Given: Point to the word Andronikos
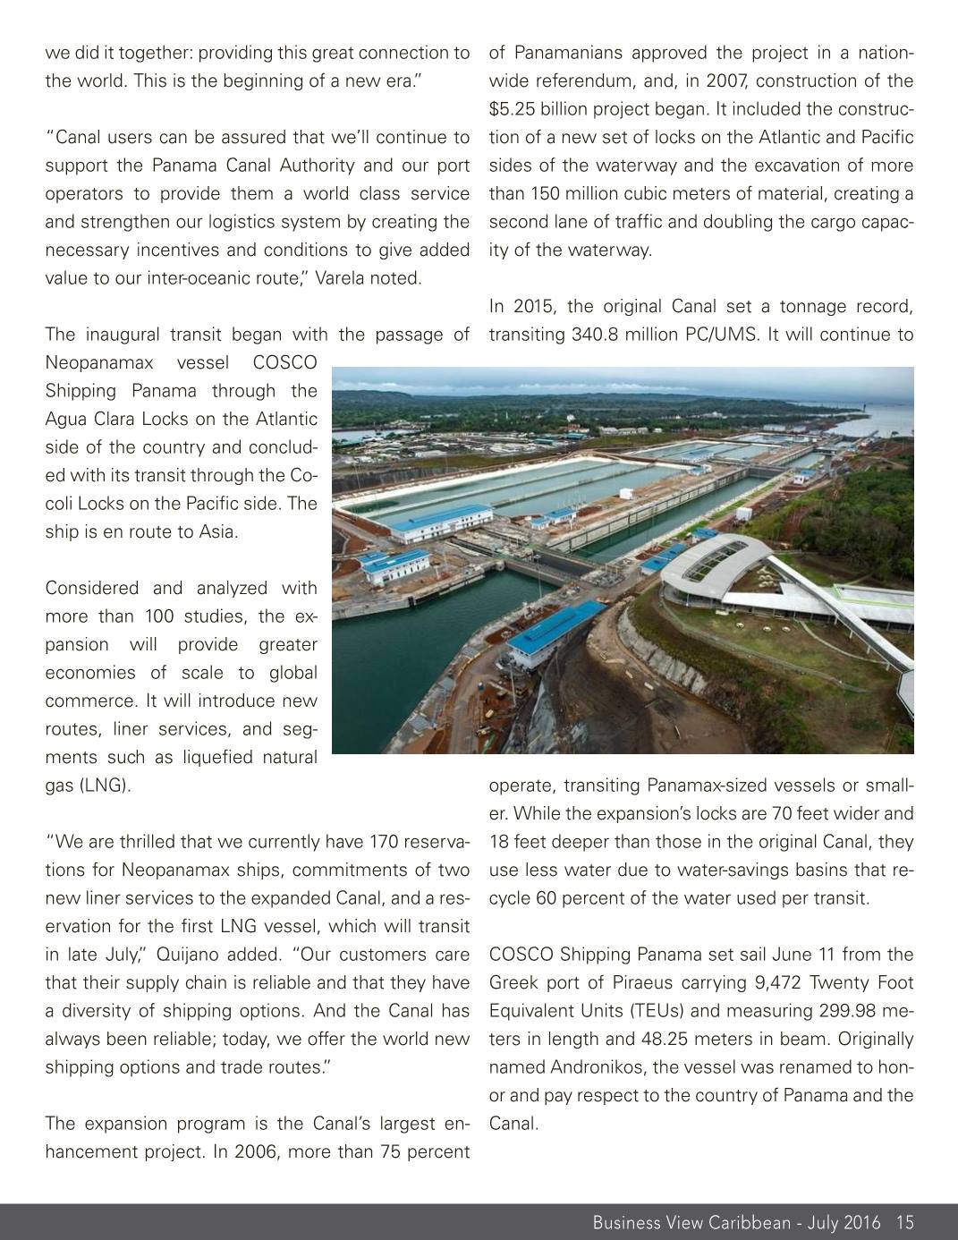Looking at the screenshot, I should coord(589,1067).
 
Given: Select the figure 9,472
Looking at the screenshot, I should coord(776,983).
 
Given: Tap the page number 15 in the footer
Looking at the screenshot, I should coord(904,1223).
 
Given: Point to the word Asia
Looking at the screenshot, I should coord(216,531).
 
